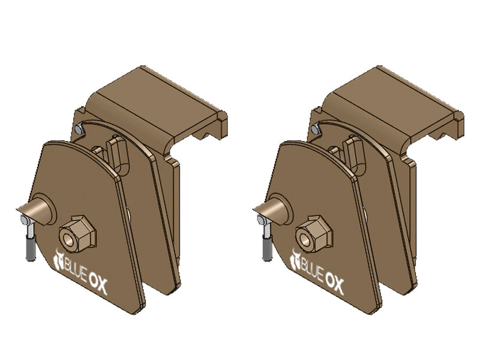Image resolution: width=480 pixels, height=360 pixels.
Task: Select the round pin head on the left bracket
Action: point(43,207)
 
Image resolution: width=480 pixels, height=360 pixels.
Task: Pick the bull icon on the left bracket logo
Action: point(59,259)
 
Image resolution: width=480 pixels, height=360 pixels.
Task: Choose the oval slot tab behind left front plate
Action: point(118,153)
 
